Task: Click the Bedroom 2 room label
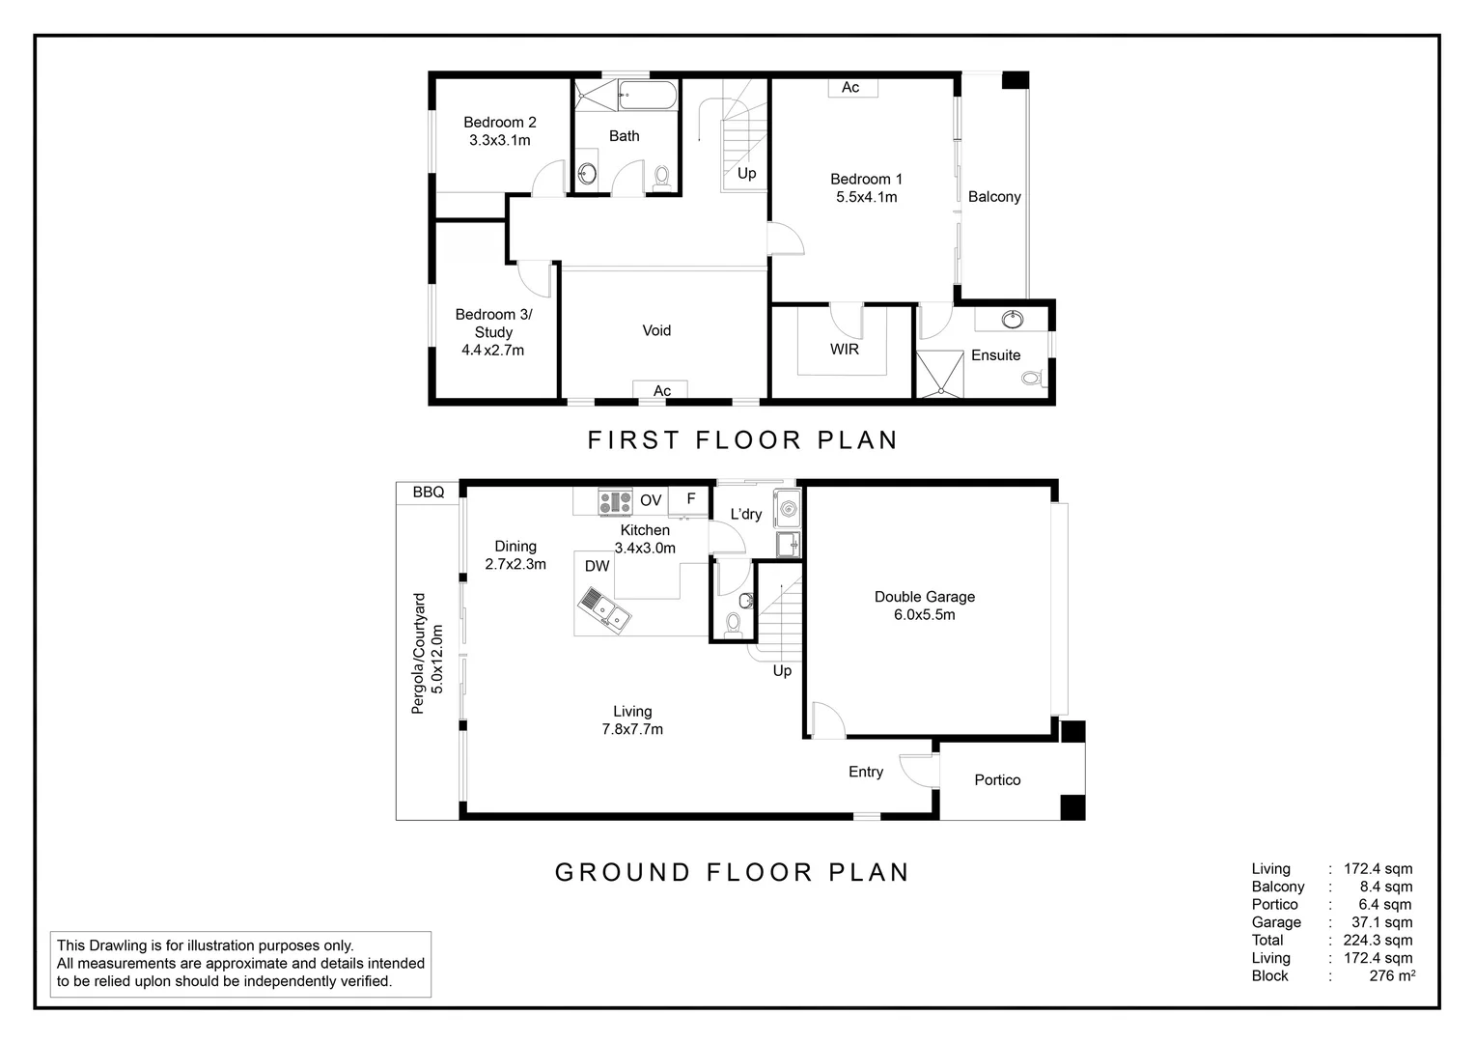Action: point(499,123)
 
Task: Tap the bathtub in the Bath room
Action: point(648,95)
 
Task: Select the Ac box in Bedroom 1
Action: point(851,88)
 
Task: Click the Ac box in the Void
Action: point(661,390)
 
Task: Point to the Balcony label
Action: point(993,197)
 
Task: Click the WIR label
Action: point(844,350)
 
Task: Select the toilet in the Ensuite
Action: point(1031,379)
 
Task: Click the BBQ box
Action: point(428,493)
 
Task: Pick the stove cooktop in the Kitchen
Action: point(615,502)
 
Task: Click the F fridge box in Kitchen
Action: point(690,499)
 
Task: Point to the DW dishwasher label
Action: point(597,566)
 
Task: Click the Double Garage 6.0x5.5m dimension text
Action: point(924,615)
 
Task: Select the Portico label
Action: point(996,780)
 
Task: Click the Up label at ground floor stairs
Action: point(782,670)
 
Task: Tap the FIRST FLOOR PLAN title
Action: point(742,440)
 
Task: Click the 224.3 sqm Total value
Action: point(1378,941)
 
